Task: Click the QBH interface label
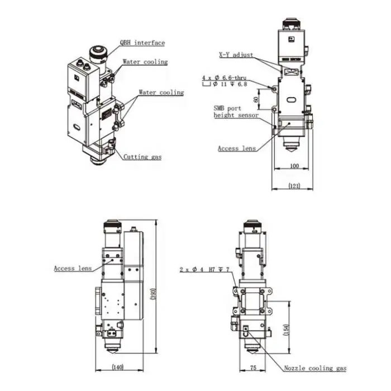pyautogui.click(x=142, y=42)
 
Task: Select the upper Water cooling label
pyautogui.click(x=145, y=62)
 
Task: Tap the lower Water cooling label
pyautogui.click(x=161, y=92)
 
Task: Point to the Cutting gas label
pyautogui.click(x=142, y=158)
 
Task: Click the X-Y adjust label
pyautogui.click(x=236, y=55)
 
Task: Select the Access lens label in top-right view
pyautogui.click(x=236, y=149)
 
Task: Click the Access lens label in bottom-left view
pyautogui.click(x=73, y=268)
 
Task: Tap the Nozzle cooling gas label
pyautogui.click(x=315, y=368)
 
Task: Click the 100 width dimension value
pyautogui.click(x=294, y=166)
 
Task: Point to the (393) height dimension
pyautogui.click(x=152, y=293)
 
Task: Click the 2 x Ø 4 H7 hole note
pyautogui.click(x=204, y=269)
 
